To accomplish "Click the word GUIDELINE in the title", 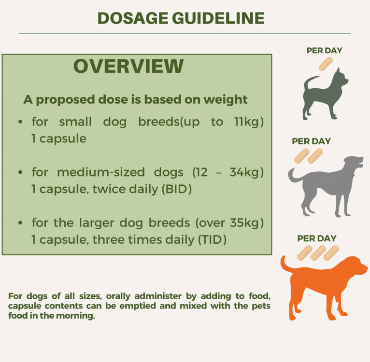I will [218, 18].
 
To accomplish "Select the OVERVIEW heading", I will [128, 66].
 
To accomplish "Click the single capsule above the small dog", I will [325, 64].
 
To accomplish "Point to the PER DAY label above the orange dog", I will [317, 238].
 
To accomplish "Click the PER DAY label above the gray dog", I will [311, 141].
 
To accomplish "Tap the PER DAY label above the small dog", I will [324, 50].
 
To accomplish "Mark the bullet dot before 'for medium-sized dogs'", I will [20, 172].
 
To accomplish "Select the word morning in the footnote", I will [80, 316].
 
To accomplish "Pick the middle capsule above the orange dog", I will [318, 252].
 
